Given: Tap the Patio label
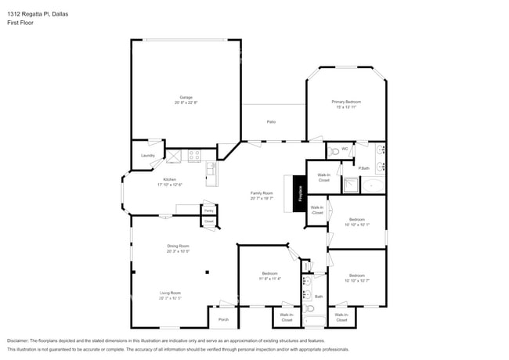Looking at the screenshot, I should coord(271,122).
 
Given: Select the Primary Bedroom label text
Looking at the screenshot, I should coord(345,102).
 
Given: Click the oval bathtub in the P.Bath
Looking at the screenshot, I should coord(374,186).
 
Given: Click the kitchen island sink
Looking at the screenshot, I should coord(210,167).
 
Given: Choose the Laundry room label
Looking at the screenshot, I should coord(147,156).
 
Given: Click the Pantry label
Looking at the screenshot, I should coord(208,210).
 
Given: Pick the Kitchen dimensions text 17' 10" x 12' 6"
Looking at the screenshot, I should coord(169,185).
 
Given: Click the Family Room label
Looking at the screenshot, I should coord(262,193).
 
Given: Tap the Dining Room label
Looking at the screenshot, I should coord(178,246).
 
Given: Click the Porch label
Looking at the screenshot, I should coord(223,319).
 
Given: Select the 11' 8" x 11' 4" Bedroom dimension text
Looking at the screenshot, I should coord(269,279).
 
